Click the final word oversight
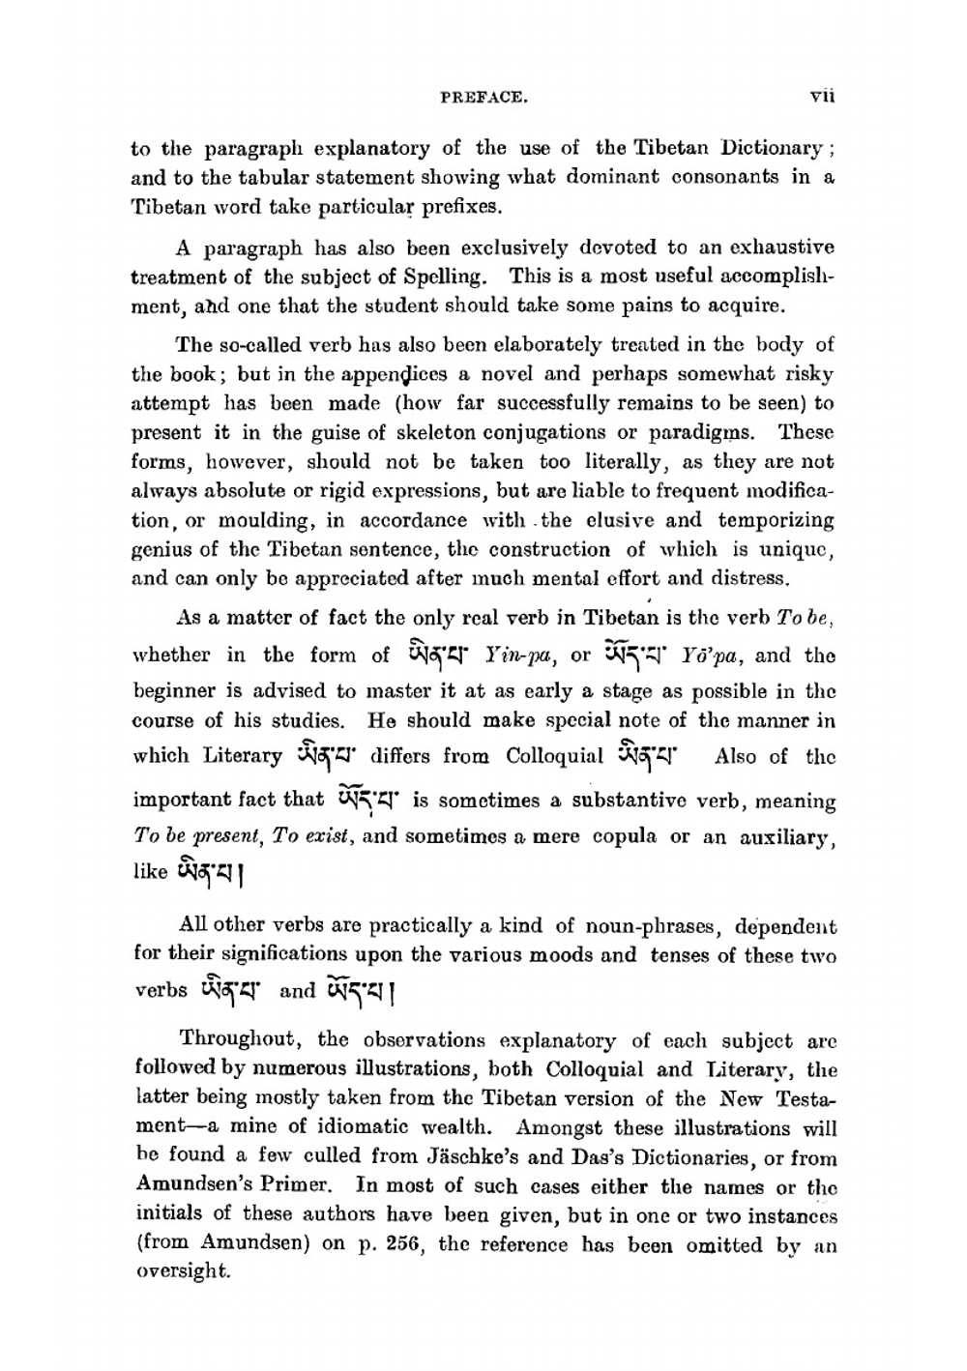coord(181,1274)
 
